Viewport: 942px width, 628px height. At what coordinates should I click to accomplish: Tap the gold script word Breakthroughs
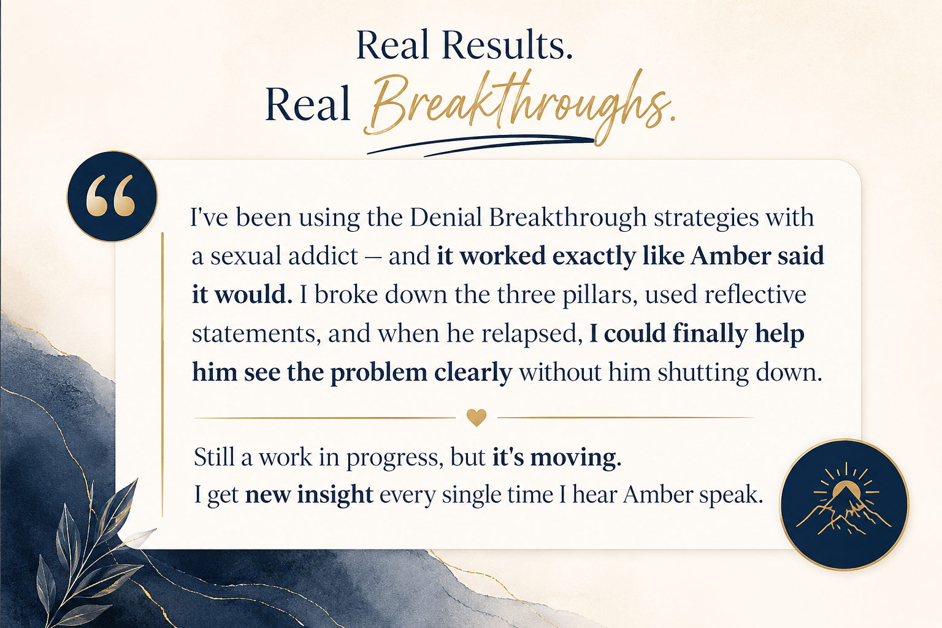point(520,105)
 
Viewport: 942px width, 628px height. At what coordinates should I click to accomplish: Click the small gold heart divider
point(477,418)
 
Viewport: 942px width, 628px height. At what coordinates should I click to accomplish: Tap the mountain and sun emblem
point(844,505)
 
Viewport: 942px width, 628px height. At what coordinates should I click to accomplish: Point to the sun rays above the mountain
point(846,480)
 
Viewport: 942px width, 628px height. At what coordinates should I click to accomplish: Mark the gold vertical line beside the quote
point(163,374)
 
